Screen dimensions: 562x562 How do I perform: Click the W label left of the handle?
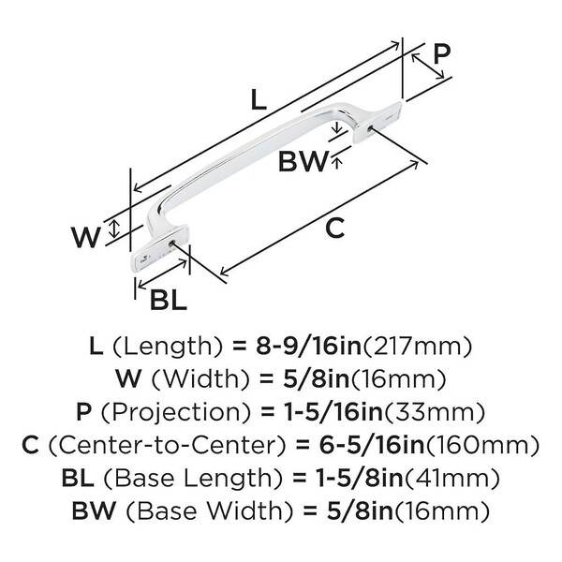click(x=87, y=234)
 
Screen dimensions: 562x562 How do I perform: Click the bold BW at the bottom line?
click(x=92, y=511)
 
